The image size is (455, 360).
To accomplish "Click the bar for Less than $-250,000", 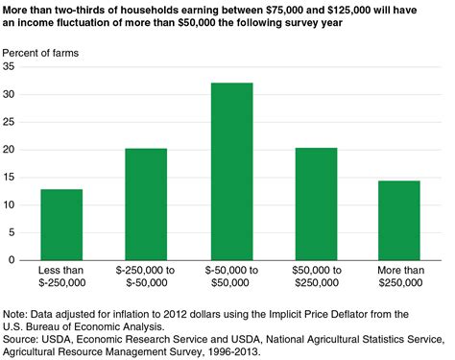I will click(61, 225).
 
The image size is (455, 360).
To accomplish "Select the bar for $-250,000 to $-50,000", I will click(146, 204).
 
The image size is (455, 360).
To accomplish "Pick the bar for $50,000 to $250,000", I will click(315, 204).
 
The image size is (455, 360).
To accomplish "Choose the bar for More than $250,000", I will click(399, 220).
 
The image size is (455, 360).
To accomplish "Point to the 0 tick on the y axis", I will click(12, 260).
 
